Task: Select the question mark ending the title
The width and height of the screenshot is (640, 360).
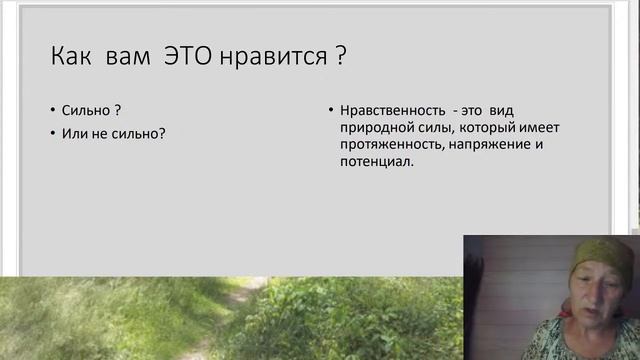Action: click(x=340, y=56)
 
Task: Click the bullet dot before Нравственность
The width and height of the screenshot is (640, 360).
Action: click(x=331, y=111)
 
